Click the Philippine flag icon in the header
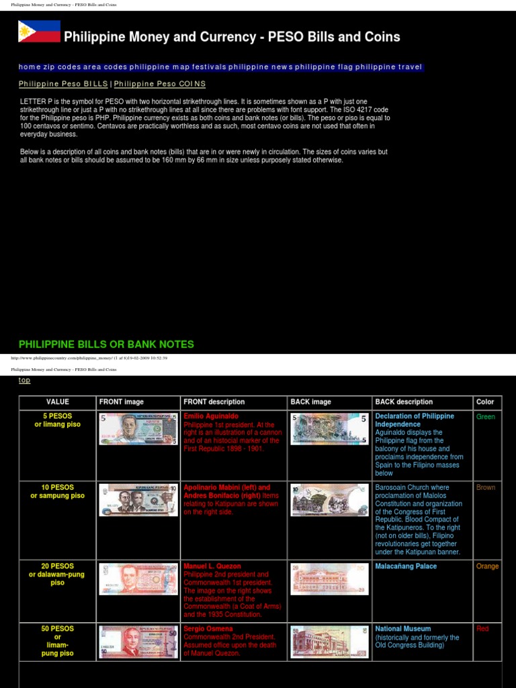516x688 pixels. pos(39,32)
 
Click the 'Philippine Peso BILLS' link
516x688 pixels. pos(63,84)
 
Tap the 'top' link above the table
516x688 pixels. pos(24,380)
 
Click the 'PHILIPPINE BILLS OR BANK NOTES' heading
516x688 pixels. pos(106,345)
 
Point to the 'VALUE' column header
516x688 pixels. pos(57,402)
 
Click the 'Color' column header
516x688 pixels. pos(485,402)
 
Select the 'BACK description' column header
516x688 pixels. pos(404,402)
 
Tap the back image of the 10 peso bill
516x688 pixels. pos(329,500)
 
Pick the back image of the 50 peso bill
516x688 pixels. pos(329,642)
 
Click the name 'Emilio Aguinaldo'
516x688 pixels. pos(211,417)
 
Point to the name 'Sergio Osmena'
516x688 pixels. pos(208,629)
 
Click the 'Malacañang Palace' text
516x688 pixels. pos(406,566)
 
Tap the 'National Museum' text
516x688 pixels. pos(403,629)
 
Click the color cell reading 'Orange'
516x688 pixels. pos(487,566)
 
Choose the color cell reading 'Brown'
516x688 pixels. pos(486,488)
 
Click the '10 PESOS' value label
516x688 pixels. pos(57,487)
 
